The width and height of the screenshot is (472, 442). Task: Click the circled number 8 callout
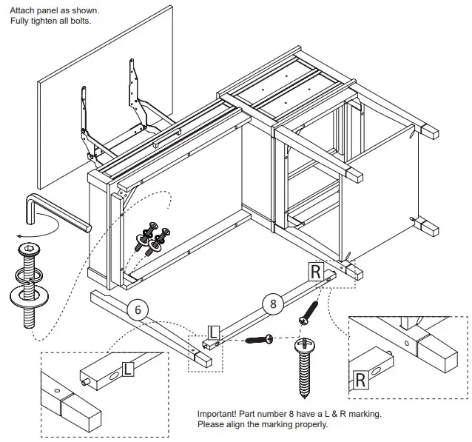(x=273, y=302)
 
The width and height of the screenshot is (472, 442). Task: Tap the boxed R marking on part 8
(x=316, y=272)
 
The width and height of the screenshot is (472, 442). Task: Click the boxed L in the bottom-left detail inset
(x=128, y=367)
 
